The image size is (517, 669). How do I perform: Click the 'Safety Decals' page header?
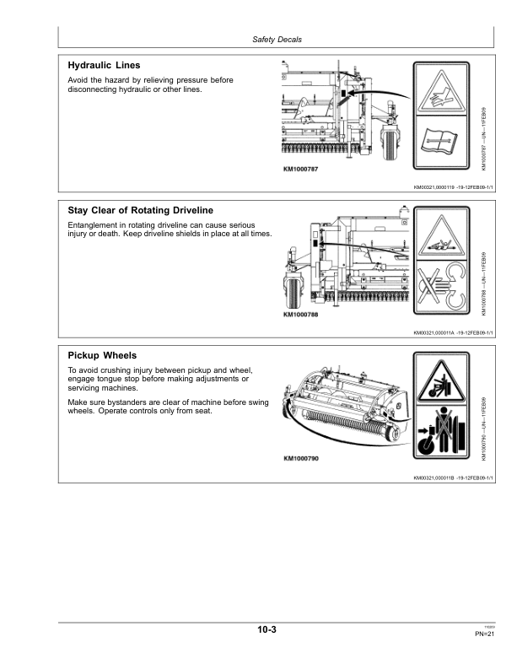coord(277,40)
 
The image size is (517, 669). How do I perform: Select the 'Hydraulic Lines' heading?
coord(104,65)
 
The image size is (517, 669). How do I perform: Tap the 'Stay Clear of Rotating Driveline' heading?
coord(140,210)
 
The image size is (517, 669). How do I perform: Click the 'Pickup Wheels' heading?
coord(102,356)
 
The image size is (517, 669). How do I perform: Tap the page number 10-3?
coord(269,630)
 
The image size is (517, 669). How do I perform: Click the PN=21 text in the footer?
coord(483,634)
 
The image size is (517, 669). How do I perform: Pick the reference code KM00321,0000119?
coord(434,188)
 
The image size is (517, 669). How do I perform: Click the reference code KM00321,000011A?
coord(434,333)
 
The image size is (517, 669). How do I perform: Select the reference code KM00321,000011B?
coord(434,478)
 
